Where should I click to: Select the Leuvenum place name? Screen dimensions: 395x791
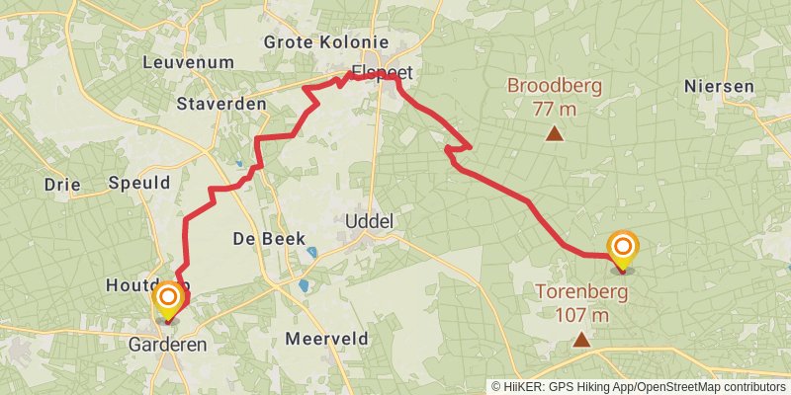click(188, 62)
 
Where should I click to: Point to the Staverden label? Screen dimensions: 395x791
click(221, 103)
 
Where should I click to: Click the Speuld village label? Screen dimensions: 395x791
click(139, 182)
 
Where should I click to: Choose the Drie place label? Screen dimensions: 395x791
click(62, 184)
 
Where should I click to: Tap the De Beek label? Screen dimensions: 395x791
click(269, 238)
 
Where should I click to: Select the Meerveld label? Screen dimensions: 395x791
click(326, 339)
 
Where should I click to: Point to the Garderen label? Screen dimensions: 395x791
click(168, 345)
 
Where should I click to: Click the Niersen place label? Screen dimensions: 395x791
click(719, 87)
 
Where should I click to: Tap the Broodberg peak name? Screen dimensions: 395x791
click(555, 86)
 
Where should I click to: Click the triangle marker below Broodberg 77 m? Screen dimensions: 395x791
click(555, 133)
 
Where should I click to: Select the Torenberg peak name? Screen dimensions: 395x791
click(581, 292)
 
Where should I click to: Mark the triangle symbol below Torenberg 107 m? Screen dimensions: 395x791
click(581, 340)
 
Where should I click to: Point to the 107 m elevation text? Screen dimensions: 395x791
click(581, 315)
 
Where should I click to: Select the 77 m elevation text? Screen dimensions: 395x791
click(555, 108)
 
